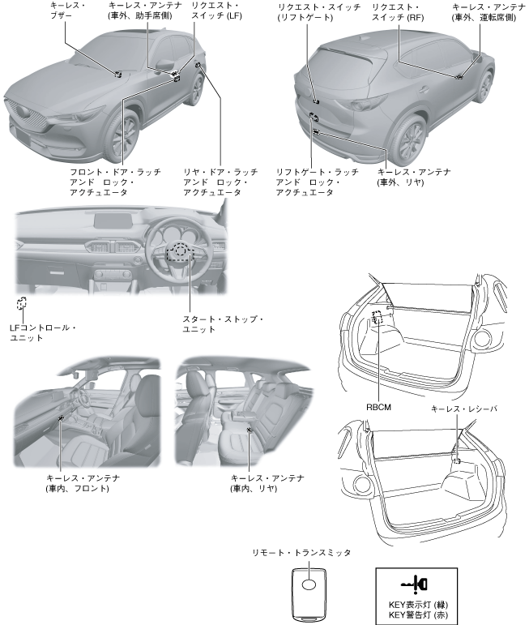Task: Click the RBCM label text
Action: tap(379, 408)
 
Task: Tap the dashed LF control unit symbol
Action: tap(20, 305)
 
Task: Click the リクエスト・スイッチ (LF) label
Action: tap(215, 11)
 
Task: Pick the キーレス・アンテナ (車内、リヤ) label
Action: tap(267, 484)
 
